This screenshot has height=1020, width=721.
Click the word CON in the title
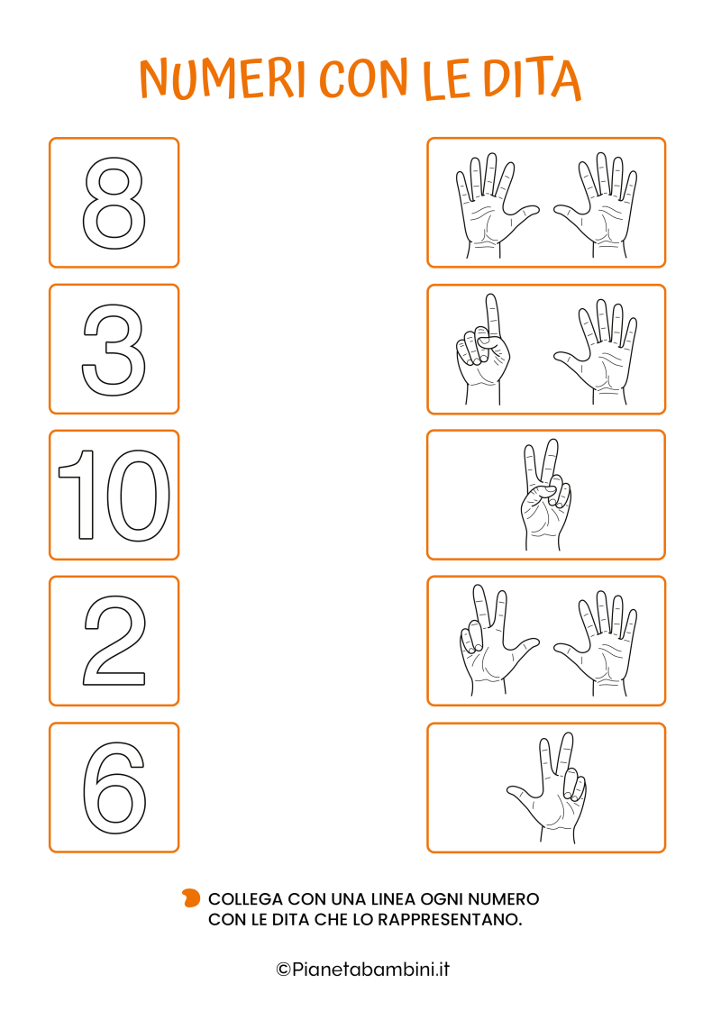coord(363,77)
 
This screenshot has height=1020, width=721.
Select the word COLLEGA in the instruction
coord(245,899)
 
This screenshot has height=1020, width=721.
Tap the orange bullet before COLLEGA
coord(191,898)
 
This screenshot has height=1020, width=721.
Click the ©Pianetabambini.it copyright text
coord(363,970)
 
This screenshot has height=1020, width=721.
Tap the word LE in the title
coord(446,79)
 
